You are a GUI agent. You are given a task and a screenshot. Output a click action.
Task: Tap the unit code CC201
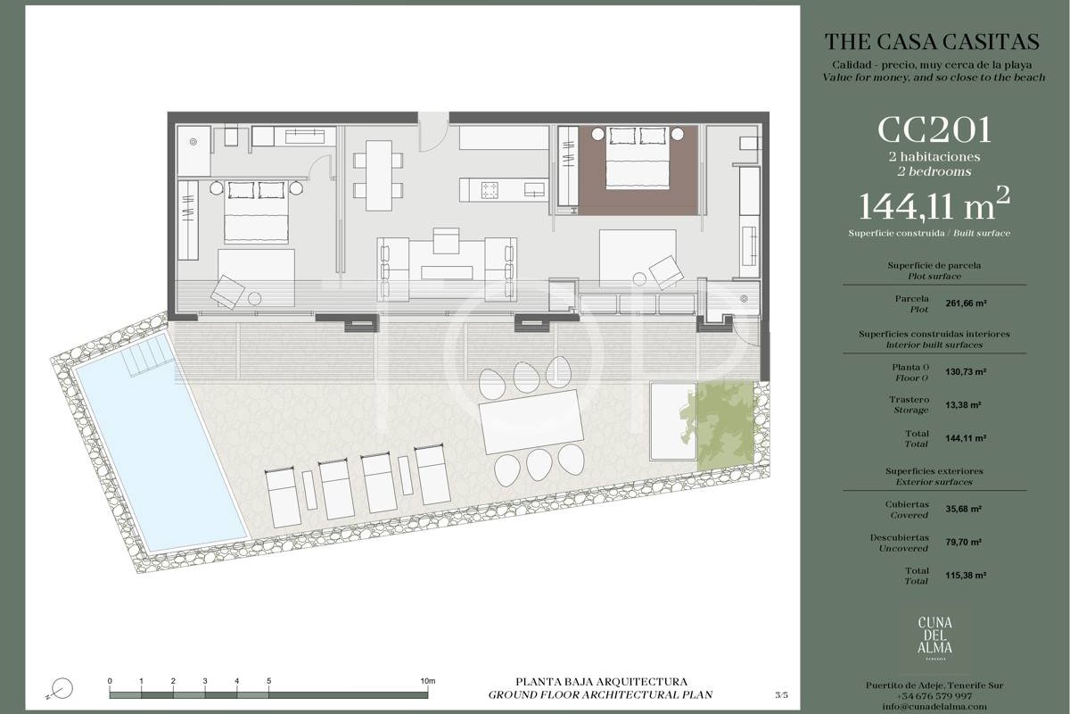[934, 130]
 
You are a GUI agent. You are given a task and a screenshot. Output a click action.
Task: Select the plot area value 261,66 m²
[967, 303]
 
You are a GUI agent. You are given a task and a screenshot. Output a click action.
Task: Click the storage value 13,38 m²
[964, 405]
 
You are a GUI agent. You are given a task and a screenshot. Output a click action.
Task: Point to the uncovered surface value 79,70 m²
[964, 543]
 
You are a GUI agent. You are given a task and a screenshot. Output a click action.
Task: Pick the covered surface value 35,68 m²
[964, 509]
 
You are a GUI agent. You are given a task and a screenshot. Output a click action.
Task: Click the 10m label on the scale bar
[428, 681]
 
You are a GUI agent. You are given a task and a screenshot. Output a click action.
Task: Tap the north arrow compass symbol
[62, 689]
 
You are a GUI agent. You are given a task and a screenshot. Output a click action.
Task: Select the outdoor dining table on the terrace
[531, 422]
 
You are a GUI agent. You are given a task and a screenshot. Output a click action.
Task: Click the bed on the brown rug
[638, 158]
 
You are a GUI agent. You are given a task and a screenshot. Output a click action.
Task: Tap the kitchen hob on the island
[490, 189]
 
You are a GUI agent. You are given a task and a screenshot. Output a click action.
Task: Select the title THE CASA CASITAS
[932, 42]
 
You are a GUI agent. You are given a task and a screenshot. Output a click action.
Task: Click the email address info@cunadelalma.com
[934, 706]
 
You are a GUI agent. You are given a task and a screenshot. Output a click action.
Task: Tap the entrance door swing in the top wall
[433, 133]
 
